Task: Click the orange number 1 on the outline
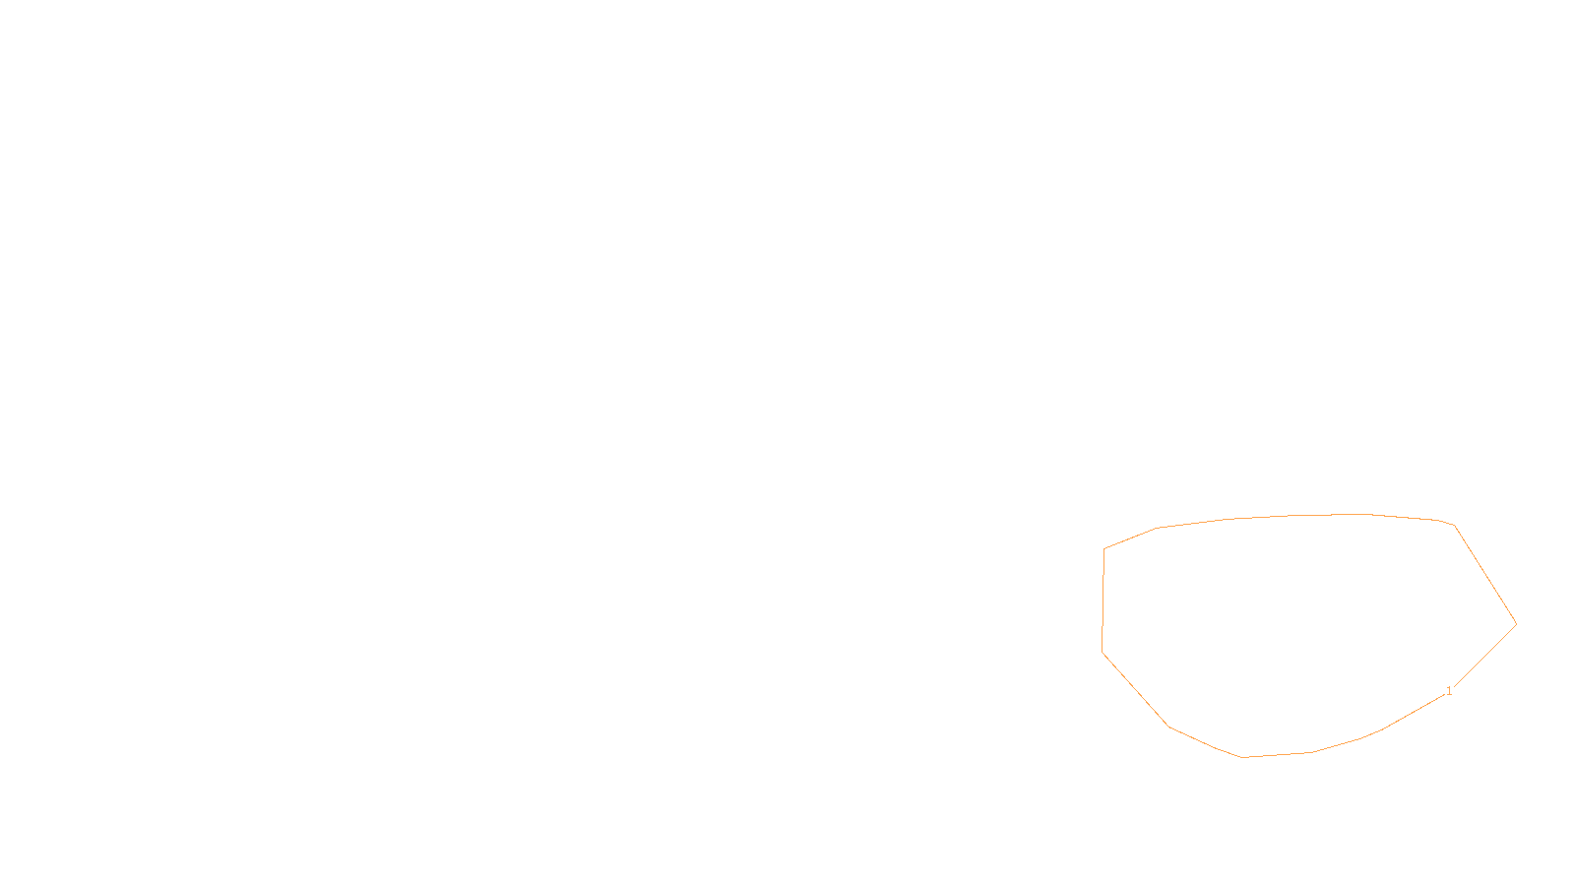(x=1448, y=691)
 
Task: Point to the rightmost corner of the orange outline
(x=1516, y=623)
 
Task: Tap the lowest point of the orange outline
(x=1243, y=757)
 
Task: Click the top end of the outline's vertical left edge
(x=1104, y=549)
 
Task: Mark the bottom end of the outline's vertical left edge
(x=1102, y=652)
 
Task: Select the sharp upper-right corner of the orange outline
(x=1454, y=526)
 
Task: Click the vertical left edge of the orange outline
(x=1103, y=601)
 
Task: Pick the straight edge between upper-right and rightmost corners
(x=1485, y=575)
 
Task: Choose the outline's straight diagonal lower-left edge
(x=1135, y=689)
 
